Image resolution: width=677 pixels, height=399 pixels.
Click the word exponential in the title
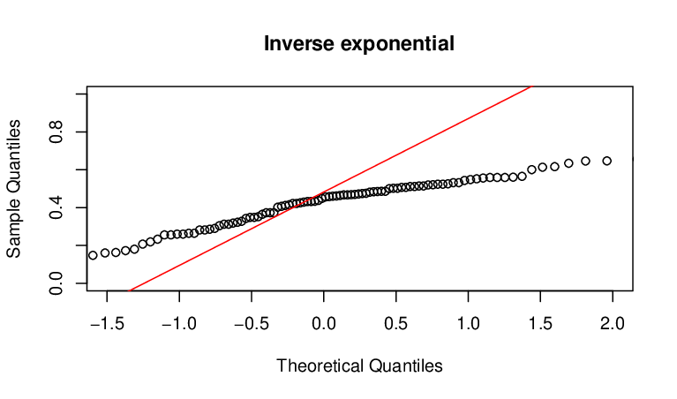(x=397, y=44)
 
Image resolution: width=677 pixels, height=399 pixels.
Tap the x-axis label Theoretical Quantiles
(x=359, y=365)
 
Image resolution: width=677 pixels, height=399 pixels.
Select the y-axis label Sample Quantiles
(x=14, y=189)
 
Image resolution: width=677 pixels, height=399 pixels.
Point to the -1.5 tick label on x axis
(x=107, y=323)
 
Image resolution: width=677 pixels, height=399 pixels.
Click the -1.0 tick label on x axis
(x=179, y=323)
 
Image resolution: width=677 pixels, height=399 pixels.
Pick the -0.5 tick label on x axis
(x=252, y=323)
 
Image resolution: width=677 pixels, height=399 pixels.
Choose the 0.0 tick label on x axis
(x=324, y=323)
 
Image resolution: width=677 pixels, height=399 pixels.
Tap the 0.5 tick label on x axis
(x=396, y=323)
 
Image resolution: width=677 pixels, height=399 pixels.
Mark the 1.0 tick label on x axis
(x=469, y=323)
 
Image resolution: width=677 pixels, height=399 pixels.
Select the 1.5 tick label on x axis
(x=540, y=323)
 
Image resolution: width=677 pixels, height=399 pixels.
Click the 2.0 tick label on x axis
(x=613, y=323)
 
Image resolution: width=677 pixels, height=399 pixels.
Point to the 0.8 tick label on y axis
(x=56, y=132)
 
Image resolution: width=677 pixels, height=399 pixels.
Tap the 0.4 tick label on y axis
(x=56, y=207)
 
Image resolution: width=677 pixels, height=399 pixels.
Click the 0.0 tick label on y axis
(x=56, y=283)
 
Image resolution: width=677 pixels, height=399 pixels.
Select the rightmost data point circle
(x=606, y=161)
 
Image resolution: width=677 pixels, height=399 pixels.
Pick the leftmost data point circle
(x=93, y=255)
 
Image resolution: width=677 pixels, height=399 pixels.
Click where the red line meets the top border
(x=533, y=87)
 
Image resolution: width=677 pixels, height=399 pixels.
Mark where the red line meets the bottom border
(x=130, y=290)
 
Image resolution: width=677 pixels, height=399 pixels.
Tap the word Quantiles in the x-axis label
(x=406, y=365)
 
